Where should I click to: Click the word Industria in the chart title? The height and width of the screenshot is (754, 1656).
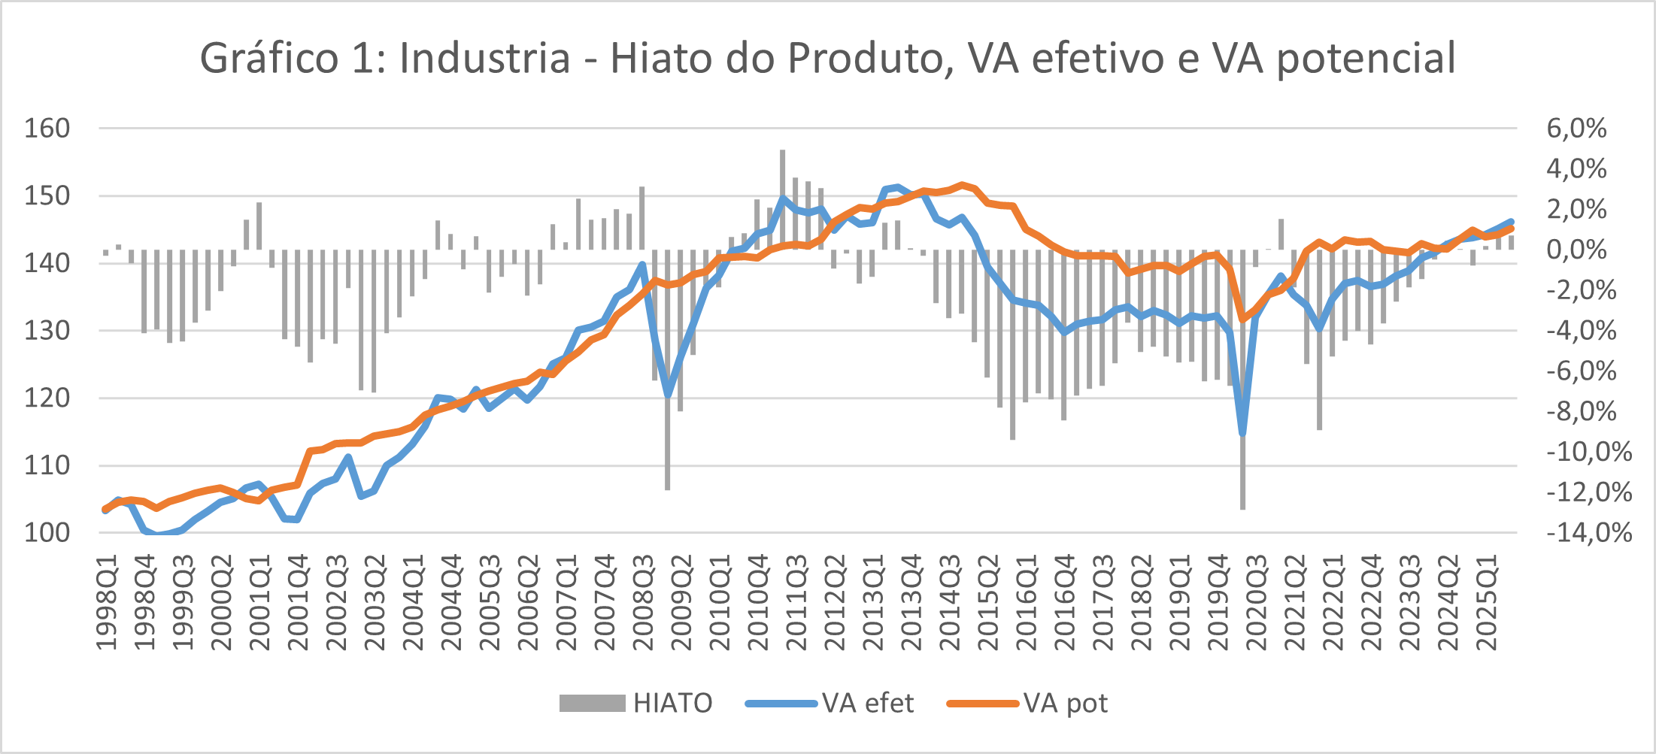(485, 58)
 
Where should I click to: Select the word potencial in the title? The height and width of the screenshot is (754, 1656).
(1366, 58)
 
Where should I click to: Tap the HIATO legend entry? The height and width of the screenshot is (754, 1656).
(635, 703)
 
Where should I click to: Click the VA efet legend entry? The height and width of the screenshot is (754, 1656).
(830, 703)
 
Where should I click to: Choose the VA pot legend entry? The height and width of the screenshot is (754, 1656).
(1027, 703)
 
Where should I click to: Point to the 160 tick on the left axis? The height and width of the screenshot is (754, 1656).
(47, 129)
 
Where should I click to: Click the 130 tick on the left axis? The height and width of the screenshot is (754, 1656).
(47, 331)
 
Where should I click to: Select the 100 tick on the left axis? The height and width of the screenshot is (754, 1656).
(47, 533)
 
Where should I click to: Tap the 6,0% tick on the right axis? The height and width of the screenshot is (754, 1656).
(1576, 129)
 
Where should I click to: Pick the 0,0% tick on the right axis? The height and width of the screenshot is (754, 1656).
(1576, 250)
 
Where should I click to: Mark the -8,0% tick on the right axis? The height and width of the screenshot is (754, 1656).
(1582, 411)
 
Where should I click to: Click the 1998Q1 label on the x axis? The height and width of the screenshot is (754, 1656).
(107, 602)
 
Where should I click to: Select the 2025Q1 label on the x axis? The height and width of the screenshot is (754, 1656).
(1487, 602)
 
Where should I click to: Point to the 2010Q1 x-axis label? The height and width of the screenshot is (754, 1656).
(720, 602)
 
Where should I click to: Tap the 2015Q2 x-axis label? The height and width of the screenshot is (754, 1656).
(988, 602)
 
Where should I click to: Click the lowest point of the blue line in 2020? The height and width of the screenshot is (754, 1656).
(1242, 433)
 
